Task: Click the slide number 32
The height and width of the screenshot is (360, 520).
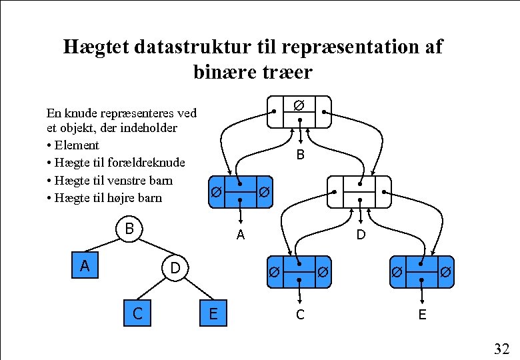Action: point(501,348)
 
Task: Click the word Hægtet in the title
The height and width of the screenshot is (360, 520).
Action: point(96,47)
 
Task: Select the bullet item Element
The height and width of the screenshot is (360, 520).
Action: point(76,145)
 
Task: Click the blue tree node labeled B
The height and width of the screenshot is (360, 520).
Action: point(130,229)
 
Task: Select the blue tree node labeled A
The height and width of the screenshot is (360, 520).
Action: point(85,266)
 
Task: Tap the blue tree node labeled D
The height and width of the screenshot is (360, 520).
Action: point(175,268)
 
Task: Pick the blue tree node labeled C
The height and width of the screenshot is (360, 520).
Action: point(137,313)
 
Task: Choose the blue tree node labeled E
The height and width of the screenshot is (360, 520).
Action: point(213,313)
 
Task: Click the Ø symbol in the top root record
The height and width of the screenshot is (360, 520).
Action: point(299,105)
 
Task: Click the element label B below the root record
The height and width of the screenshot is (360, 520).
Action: point(301,155)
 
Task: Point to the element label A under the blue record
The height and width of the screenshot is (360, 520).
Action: point(240,235)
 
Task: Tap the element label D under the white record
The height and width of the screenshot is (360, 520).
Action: point(361,235)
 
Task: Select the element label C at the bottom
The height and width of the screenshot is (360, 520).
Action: point(300,314)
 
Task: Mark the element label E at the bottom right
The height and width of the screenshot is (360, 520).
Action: point(422,314)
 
